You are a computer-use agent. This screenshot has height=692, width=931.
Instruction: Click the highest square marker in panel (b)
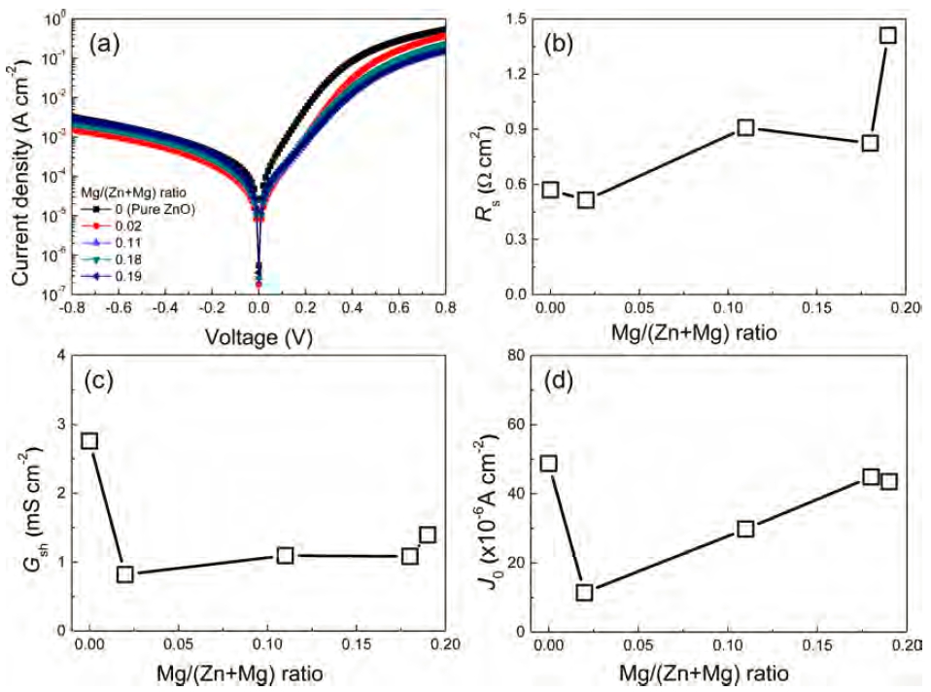(887, 35)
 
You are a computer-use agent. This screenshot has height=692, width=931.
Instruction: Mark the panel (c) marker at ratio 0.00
(89, 440)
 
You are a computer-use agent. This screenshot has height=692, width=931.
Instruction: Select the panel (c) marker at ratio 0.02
(125, 573)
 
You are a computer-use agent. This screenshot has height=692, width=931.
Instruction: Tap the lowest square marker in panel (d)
(584, 592)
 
